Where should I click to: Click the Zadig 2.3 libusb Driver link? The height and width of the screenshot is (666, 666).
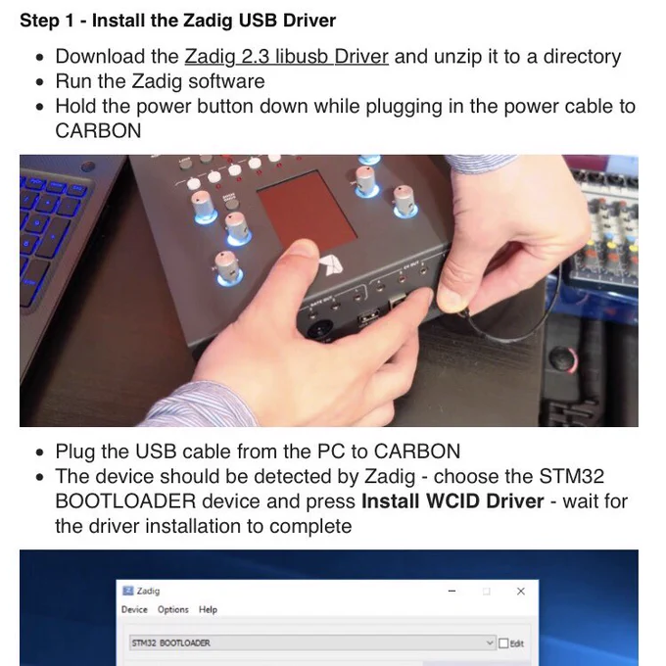tap(286, 57)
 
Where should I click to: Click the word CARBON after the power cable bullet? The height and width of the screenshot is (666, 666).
tap(98, 131)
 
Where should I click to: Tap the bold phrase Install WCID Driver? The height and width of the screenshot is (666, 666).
tap(452, 501)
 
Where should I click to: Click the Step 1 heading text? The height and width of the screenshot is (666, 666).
tap(177, 21)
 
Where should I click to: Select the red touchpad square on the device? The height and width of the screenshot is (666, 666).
tap(307, 207)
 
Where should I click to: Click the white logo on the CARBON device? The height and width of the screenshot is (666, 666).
tap(332, 265)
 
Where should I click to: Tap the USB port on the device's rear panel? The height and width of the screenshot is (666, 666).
tap(367, 318)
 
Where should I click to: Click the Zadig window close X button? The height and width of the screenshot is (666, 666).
tap(521, 591)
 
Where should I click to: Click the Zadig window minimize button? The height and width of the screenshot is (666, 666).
tap(452, 591)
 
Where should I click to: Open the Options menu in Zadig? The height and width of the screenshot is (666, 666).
tap(173, 609)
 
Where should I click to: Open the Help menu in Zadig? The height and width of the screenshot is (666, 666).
tap(208, 609)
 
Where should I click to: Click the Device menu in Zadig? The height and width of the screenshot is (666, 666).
tap(134, 609)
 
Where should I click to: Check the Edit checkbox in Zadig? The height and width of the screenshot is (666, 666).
tap(503, 643)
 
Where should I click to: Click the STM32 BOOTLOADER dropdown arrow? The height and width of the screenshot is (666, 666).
tap(490, 643)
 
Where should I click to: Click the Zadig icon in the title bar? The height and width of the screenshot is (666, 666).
tap(127, 591)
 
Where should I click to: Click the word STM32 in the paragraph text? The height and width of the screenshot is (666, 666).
tap(571, 476)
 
